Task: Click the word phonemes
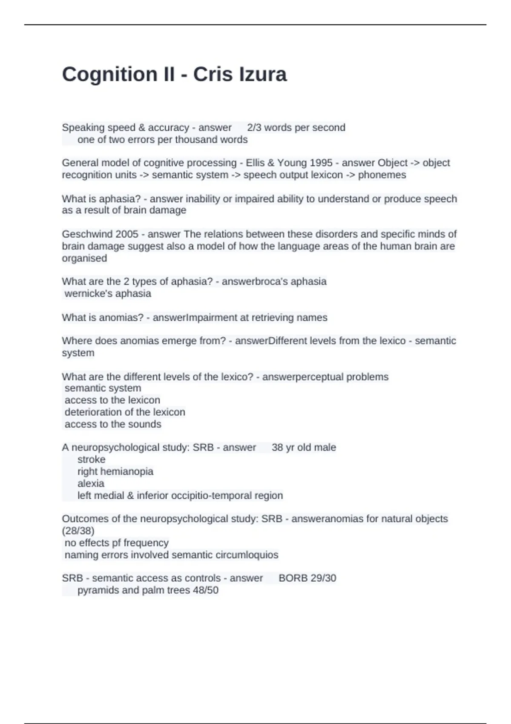click(x=382, y=175)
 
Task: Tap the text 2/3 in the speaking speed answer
click(x=255, y=128)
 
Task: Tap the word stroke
click(x=91, y=460)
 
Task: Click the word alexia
click(x=91, y=483)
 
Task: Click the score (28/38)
click(x=78, y=531)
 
